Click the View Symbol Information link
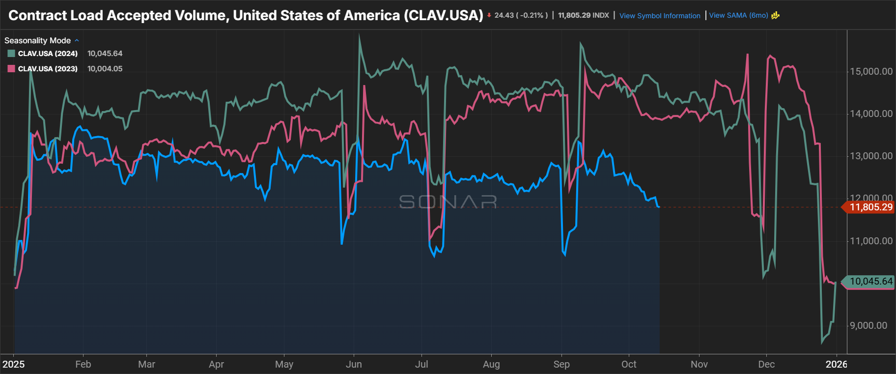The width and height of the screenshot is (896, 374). (659, 16)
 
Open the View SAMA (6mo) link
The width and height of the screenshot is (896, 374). (738, 15)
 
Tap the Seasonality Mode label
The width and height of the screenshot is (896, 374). (37, 40)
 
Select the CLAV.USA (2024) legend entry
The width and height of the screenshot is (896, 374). (48, 54)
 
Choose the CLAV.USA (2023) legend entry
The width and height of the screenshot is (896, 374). (48, 69)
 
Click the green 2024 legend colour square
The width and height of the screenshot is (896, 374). (11, 54)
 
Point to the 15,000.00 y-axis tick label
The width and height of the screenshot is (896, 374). (871, 71)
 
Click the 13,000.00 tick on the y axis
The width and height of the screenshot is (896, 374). (871, 156)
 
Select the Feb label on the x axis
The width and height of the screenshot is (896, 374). (83, 364)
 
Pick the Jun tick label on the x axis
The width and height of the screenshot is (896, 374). (354, 364)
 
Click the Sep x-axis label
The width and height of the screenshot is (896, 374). (561, 364)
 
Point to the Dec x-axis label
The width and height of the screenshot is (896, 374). (766, 364)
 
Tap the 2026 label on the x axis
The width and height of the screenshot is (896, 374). (836, 364)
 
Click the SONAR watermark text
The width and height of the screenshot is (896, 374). (448, 201)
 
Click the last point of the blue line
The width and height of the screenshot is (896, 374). (659, 207)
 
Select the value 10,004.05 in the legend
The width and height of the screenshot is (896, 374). (105, 69)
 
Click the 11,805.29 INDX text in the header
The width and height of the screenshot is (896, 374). (583, 15)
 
